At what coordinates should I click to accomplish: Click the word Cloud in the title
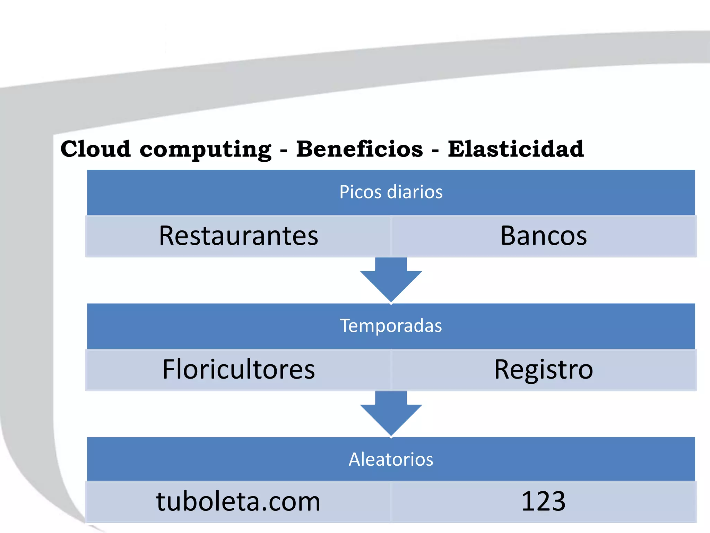[x=95, y=149]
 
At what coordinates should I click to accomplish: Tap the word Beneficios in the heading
[x=359, y=149]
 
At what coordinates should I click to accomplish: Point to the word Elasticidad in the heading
[x=516, y=149]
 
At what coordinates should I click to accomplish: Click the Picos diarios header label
[x=391, y=192]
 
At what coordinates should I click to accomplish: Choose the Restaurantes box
[x=239, y=236]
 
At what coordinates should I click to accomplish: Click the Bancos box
[x=543, y=236]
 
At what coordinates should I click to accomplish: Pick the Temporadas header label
[x=391, y=325]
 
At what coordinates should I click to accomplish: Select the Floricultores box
[x=239, y=370]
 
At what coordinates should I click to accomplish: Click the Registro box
[x=543, y=370]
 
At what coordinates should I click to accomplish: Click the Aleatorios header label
[x=391, y=459]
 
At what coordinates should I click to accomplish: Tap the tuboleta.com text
[x=239, y=501]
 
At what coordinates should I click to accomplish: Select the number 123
[x=543, y=501]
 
